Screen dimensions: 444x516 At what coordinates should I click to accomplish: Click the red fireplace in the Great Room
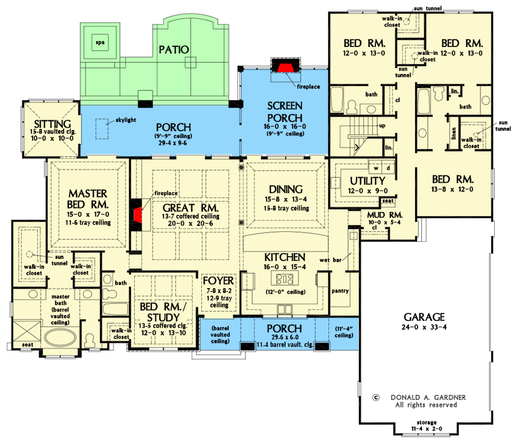[138, 215]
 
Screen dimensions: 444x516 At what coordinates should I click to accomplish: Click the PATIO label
[174, 49]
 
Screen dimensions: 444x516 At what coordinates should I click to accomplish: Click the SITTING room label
[52, 124]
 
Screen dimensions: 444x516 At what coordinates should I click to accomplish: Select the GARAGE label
[424, 316]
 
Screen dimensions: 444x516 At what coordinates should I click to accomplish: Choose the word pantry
[340, 291]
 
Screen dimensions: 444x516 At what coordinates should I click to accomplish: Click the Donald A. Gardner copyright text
[425, 396]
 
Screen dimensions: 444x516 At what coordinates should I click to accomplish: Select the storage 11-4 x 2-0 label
[425, 426]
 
